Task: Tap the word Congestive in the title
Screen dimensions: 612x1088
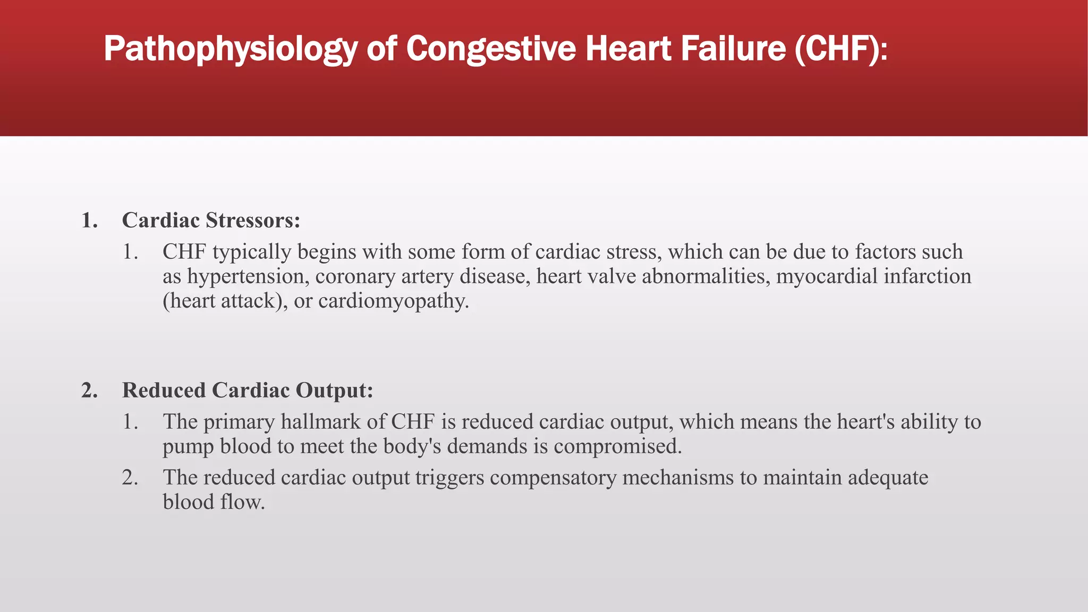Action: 491,49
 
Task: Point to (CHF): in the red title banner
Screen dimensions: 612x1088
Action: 841,49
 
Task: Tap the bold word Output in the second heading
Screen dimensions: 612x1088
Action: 334,390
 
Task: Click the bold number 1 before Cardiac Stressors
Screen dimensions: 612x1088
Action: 89,220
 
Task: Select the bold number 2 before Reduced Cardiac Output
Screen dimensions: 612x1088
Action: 89,390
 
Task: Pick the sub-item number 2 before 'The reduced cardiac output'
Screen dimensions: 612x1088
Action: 130,477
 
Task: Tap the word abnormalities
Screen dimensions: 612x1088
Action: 706,276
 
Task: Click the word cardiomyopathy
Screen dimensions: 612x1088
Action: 394,301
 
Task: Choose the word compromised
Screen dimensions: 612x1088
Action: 617,446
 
